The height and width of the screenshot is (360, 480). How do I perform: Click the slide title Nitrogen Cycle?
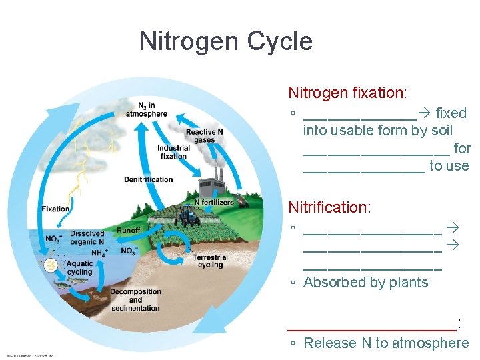tap(225, 41)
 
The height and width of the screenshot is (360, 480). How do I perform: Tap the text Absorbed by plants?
tap(365, 282)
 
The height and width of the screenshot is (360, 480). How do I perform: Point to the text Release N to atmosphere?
tap(386, 343)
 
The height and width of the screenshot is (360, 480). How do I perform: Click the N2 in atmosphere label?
tap(146, 109)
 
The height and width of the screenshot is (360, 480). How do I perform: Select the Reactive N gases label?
tap(204, 136)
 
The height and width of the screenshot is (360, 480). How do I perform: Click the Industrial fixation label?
tap(173, 152)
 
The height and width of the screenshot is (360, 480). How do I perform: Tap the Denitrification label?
tap(148, 179)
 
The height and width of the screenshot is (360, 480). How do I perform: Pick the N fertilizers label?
tap(213, 202)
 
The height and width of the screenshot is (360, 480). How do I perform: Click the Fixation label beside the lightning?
tap(55, 209)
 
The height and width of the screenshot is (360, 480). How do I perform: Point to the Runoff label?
tap(128, 231)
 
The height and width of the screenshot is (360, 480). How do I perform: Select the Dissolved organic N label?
tap(87, 237)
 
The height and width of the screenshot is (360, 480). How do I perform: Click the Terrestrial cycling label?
tap(210, 261)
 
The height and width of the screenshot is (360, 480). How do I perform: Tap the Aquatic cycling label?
tap(79, 268)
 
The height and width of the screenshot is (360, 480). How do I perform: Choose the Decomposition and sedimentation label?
tap(135, 299)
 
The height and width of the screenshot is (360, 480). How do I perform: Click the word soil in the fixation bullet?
tap(441, 131)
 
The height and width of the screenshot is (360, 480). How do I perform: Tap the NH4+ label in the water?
tap(99, 253)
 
